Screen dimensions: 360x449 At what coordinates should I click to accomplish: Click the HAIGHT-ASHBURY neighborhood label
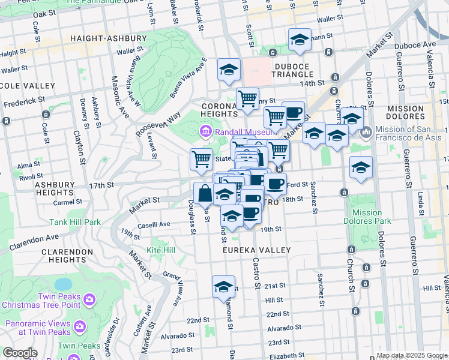[x=108, y=38]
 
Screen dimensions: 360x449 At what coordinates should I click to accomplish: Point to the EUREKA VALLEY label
[x=257, y=250]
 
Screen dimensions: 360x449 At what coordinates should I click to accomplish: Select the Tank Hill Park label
[x=75, y=222]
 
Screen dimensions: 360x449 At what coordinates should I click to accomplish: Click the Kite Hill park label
[x=161, y=250]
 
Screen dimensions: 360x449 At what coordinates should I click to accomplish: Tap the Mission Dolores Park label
[x=367, y=217]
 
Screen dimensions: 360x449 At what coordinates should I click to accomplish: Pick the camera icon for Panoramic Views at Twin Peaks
[x=80, y=326]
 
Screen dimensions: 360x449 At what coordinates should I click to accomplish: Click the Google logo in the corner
[x=20, y=353]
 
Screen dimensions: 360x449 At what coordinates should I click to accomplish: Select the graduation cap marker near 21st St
[x=224, y=287]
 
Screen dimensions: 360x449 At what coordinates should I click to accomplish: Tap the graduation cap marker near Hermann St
[x=300, y=40]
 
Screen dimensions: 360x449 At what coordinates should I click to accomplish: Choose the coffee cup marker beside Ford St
[x=275, y=184]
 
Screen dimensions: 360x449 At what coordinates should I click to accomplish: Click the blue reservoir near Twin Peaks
[x=62, y=283]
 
